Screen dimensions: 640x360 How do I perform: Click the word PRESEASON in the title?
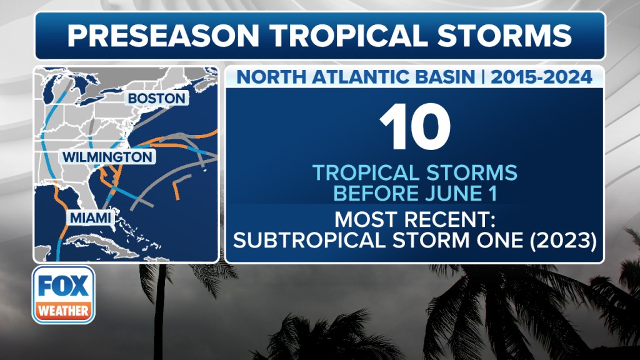pyautogui.click(x=163, y=36)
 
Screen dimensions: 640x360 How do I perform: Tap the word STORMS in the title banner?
pyautogui.click(x=504, y=36)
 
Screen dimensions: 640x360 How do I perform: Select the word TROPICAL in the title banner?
pyautogui.click(x=348, y=36)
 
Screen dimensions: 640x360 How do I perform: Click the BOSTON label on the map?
pyautogui.click(x=157, y=98)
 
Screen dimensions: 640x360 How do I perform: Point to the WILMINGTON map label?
pyautogui.click(x=107, y=157)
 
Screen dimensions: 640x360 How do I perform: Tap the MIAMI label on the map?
pyautogui.click(x=91, y=218)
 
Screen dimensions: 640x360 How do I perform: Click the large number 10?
pyautogui.click(x=415, y=127)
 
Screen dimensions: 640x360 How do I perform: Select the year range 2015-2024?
pyautogui.click(x=541, y=77)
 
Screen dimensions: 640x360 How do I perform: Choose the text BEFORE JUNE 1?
pyautogui.click(x=415, y=193)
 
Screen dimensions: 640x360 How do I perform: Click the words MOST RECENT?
pyautogui.click(x=415, y=219)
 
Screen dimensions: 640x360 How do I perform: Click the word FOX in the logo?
pyautogui.click(x=63, y=286)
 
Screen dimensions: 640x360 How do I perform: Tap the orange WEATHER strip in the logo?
pyautogui.click(x=63, y=311)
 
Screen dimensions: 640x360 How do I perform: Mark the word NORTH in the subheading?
pyautogui.click(x=271, y=77)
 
